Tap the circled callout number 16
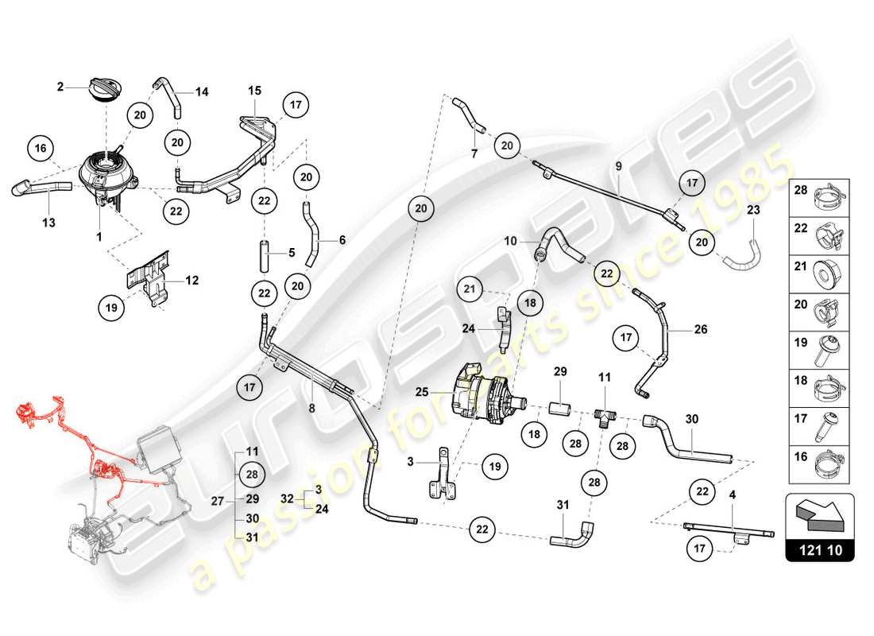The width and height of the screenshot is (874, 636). tap(42, 149)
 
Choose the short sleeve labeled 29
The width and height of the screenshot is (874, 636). tap(560, 411)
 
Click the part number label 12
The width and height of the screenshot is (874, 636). tap(191, 280)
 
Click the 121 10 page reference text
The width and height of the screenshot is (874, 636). tap(819, 549)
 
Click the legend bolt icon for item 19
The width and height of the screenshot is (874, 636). tap(830, 346)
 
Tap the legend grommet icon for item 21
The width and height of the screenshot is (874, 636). tap(830, 270)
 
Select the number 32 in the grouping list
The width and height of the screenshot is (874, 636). tap(286, 499)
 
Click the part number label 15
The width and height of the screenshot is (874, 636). tap(253, 90)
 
